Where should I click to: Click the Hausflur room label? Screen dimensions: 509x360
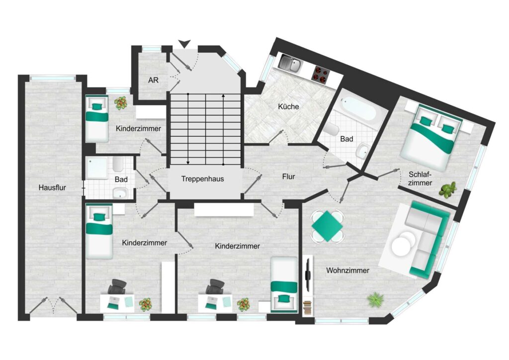(52, 187)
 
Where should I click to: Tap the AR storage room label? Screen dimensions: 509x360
(153, 80)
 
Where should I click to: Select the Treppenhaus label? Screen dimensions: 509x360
(203, 179)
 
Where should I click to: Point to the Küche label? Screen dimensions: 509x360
(289, 106)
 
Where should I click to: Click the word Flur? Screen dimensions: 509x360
(289, 177)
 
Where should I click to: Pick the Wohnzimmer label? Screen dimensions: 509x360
(347, 270)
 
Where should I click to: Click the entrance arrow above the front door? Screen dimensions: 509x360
(184, 44)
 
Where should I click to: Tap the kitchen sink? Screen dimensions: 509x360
(291, 64)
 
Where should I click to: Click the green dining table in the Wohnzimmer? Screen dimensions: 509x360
(328, 226)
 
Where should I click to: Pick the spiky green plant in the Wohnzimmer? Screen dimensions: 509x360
(376, 299)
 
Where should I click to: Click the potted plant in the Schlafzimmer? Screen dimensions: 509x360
(448, 189)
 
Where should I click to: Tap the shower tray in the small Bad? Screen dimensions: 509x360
(96, 168)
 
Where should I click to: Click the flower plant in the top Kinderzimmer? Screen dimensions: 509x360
(121, 103)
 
